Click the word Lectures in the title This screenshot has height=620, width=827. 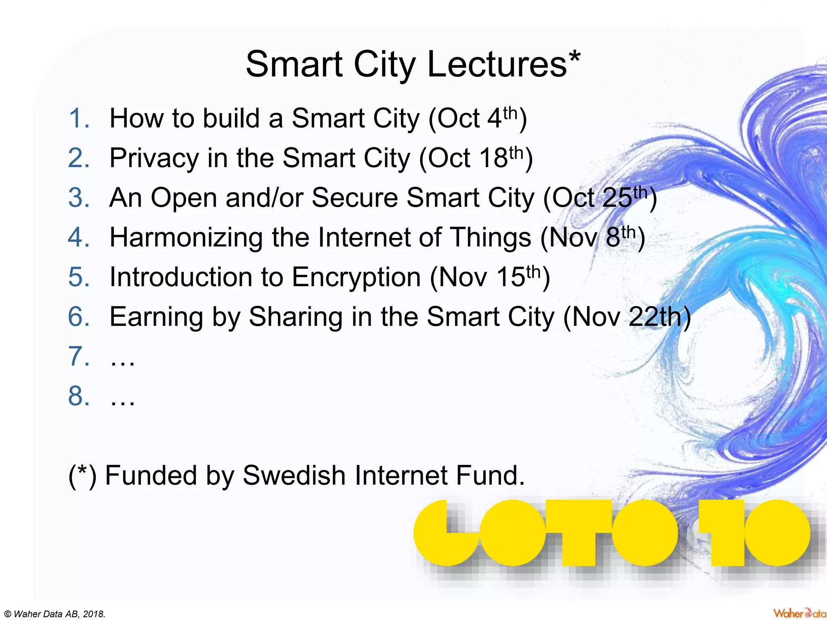coord(497,65)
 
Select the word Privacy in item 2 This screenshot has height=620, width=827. coord(154,158)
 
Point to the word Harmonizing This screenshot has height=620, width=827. coord(186,237)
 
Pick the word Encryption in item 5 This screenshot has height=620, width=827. coord(356,277)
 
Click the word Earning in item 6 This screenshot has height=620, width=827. coord(156,317)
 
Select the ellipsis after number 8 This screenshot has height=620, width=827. coord(122,396)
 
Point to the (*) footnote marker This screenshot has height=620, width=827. coord(82,475)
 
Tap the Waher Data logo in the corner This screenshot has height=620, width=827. coord(799,613)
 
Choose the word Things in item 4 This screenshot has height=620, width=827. coord(490,237)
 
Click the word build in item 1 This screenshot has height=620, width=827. coord(231,118)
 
